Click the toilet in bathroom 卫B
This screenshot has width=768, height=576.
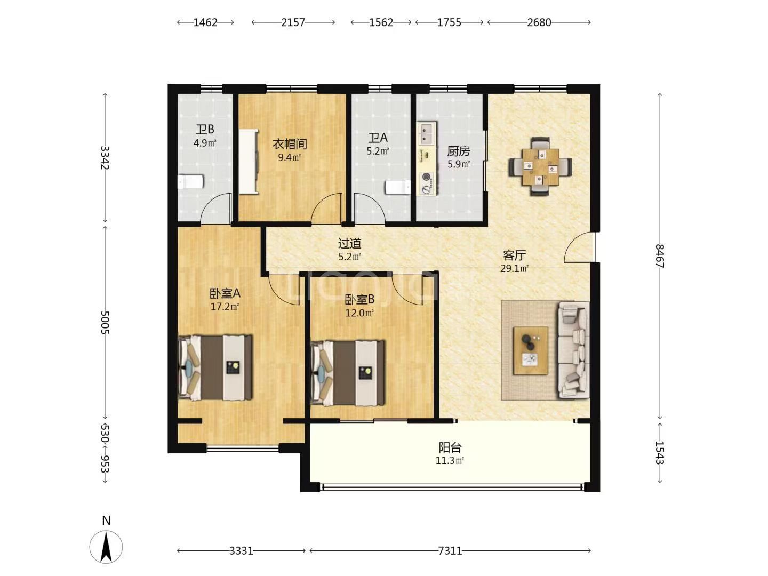point(190,182)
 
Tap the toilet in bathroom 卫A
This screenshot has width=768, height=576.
point(398,187)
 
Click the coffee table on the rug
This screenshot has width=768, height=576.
point(531,351)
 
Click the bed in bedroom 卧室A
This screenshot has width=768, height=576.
point(215,367)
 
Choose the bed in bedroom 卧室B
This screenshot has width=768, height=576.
point(348,373)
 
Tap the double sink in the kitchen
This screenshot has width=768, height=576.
point(427,133)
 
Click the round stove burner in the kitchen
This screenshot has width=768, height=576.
point(427,177)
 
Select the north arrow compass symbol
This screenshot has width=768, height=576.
point(106,546)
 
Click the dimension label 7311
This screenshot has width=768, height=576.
point(450,551)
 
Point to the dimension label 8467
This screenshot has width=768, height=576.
point(660,256)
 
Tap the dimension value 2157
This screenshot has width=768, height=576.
point(293,22)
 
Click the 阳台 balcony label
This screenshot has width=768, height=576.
point(450,447)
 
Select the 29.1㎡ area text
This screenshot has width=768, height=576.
point(514,269)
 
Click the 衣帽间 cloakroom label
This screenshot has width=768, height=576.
point(290,144)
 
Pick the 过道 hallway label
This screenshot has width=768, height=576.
point(349,243)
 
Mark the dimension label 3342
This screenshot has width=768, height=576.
point(105,158)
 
